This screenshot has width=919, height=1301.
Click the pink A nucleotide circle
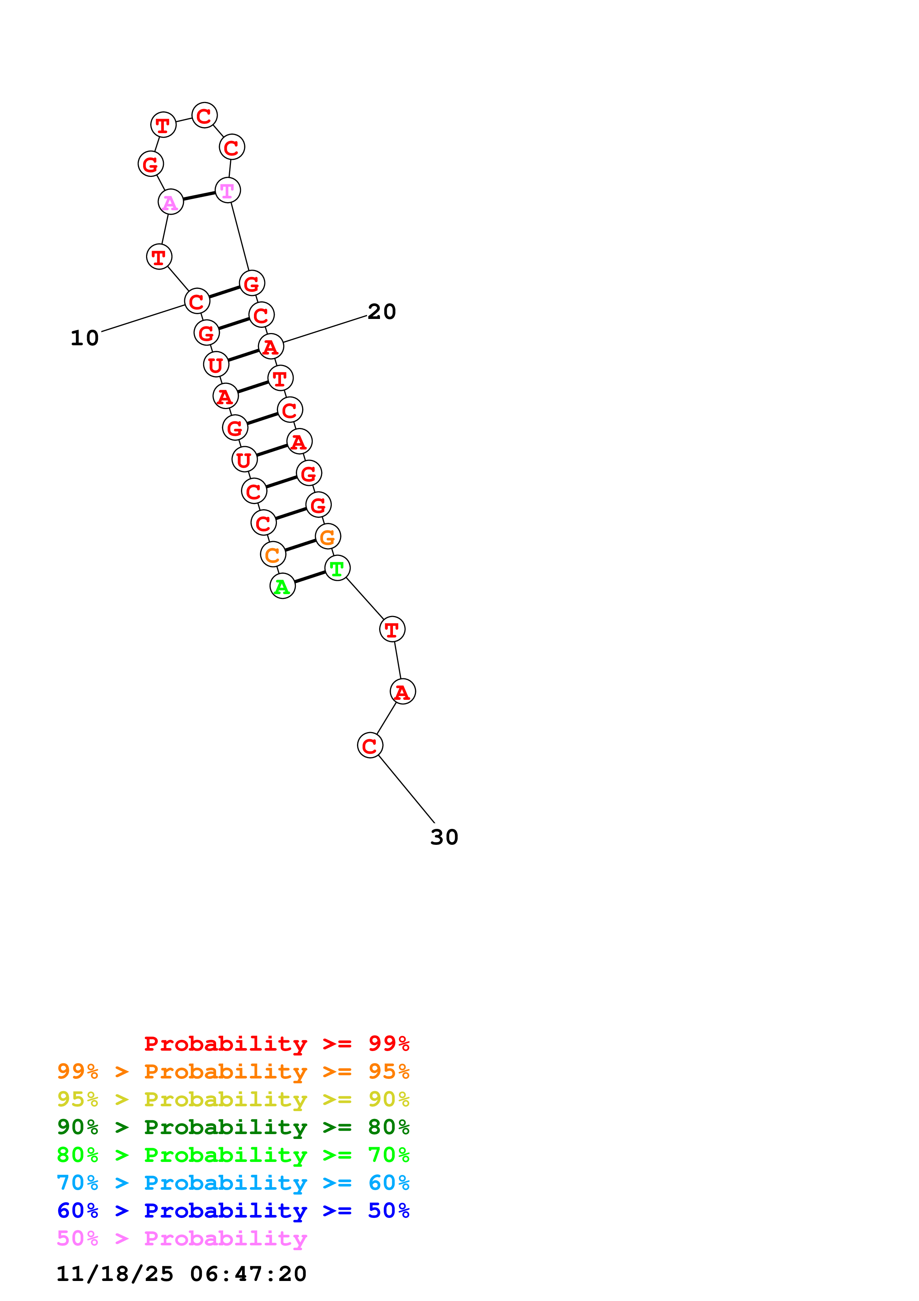[x=171, y=202]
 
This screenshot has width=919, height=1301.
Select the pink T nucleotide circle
[x=228, y=190]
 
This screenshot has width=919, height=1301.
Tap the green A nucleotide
[x=282, y=586]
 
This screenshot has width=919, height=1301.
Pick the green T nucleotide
[x=337, y=568]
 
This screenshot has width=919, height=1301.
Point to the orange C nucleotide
[x=273, y=555]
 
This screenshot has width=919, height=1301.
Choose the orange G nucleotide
[x=328, y=537]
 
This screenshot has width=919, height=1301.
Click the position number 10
[x=85, y=338]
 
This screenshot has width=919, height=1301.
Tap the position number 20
[x=381, y=312]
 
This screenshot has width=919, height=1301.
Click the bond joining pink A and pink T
[x=199, y=196]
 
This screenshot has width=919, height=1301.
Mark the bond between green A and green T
[x=310, y=577]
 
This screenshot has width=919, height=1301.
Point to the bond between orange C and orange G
[x=300, y=546]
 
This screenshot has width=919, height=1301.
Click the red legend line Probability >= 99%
[x=276, y=1044]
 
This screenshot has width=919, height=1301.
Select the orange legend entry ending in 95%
[x=233, y=1071]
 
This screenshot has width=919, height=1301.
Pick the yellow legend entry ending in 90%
[x=233, y=1099]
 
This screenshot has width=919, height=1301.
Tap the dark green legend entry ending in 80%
[x=233, y=1127]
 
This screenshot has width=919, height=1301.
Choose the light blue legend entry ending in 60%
[x=233, y=1183]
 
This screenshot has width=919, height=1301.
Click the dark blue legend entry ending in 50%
[x=233, y=1211]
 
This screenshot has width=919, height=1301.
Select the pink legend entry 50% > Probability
[x=182, y=1238]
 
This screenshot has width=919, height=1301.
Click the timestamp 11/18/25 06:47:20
[x=181, y=1273]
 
